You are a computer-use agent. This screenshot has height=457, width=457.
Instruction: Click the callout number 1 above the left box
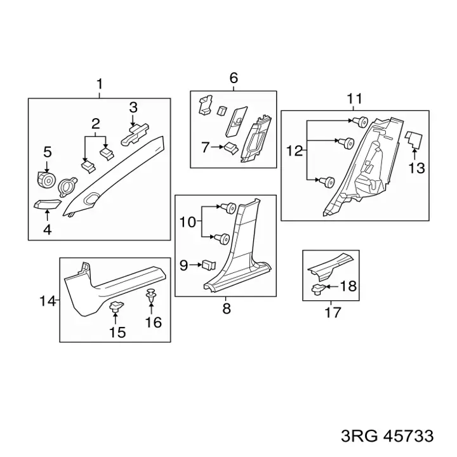(x=100, y=84)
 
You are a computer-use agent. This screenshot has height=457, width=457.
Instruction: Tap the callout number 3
(x=133, y=107)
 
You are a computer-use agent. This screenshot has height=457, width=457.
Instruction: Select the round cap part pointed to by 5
(x=46, y=180)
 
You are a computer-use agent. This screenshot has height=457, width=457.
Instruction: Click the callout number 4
(x=47, y=230)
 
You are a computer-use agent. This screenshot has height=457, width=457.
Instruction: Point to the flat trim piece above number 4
(x=48, y=204)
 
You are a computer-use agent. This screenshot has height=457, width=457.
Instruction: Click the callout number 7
(x=206, y=147)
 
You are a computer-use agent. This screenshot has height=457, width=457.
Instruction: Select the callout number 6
(x=234, y=78)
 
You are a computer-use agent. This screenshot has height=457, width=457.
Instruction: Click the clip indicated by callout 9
(x=209, y=265)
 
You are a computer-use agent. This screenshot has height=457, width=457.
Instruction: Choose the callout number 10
(x=187, y=222)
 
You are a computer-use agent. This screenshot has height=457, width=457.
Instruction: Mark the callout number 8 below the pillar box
(x=227, y=308)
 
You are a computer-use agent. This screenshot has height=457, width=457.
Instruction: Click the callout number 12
(x=295, y=151)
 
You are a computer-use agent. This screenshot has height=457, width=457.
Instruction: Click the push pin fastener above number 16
(x=150, y=296)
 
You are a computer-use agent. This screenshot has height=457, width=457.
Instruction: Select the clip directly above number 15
(x=116, y=307)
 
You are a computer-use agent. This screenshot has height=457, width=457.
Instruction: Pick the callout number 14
(x=48, y=301)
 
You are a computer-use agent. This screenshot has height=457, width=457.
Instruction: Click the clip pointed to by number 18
(x=319, y=289)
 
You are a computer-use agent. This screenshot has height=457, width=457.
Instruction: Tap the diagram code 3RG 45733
(x=387, y=436)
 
